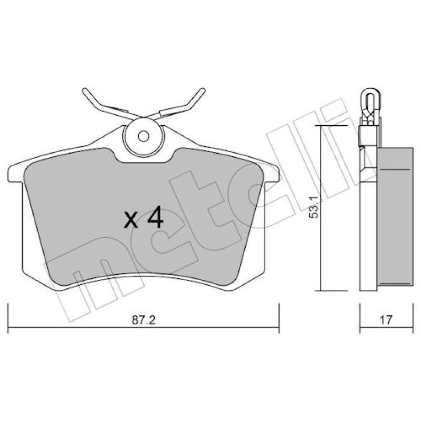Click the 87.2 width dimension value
point(144,320)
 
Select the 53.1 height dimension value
point(314,207)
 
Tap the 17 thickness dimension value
point(386,320)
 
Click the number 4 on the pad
point(155,217)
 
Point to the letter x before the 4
point(131,220)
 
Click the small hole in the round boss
point(143,136)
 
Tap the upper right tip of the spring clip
point(203,90)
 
